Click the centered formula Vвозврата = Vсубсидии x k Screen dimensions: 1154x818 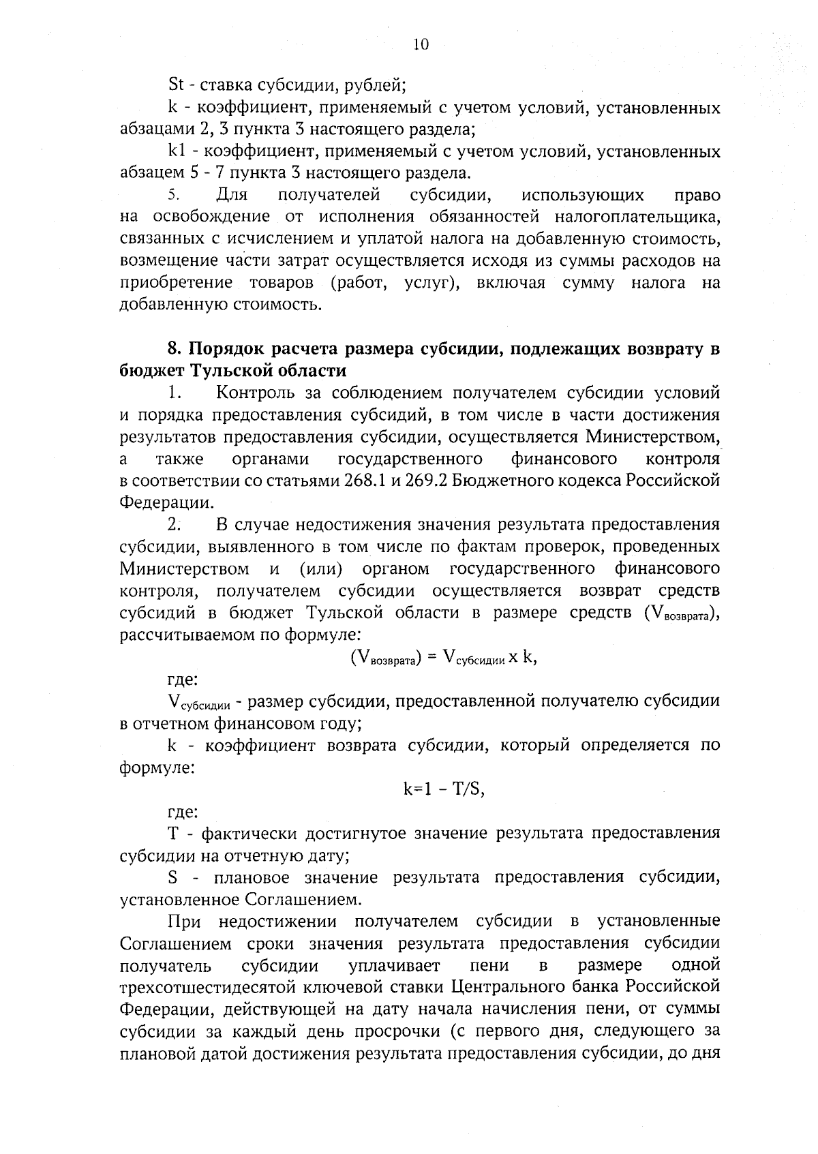pos(439,656)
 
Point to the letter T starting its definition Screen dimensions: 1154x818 pos(172,833)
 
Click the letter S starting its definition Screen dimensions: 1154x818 pos(172,877)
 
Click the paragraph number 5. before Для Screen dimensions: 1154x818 pos(173,196)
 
